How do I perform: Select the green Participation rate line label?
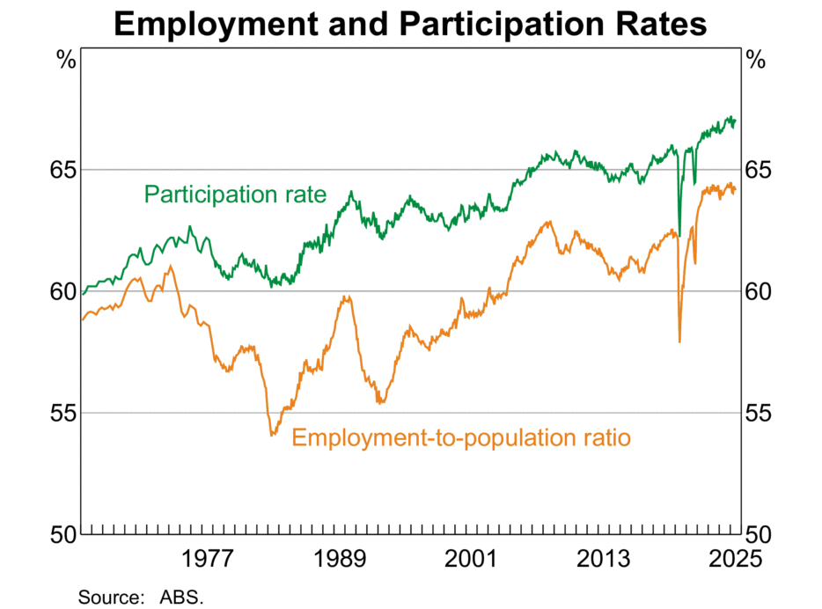click(235, 194)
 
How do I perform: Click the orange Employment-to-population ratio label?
click(461, 437)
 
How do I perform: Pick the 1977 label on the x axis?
click(205, 560)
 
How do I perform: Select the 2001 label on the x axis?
click(470, 560)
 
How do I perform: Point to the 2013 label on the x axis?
click(602, 560)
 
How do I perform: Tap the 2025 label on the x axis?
click(730, 560)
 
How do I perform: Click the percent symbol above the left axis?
click(67, 61)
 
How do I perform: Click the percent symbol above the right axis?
click(755, 61)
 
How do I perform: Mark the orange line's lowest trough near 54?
click(272, 435)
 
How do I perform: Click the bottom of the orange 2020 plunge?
click(679, 341)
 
